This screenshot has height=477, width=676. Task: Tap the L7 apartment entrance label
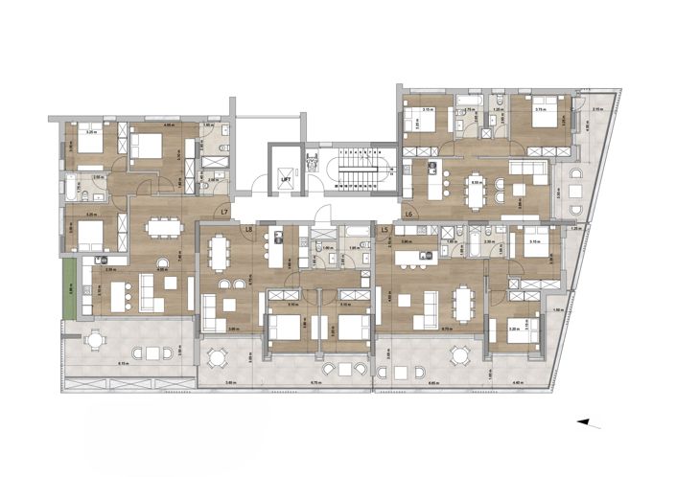(224, 212)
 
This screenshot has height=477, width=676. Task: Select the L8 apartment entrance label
(247, 230)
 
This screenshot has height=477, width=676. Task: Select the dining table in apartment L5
(464, 306)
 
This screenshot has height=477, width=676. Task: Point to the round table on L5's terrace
(458, 357)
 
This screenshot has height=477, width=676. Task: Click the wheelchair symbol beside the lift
(310, 159)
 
